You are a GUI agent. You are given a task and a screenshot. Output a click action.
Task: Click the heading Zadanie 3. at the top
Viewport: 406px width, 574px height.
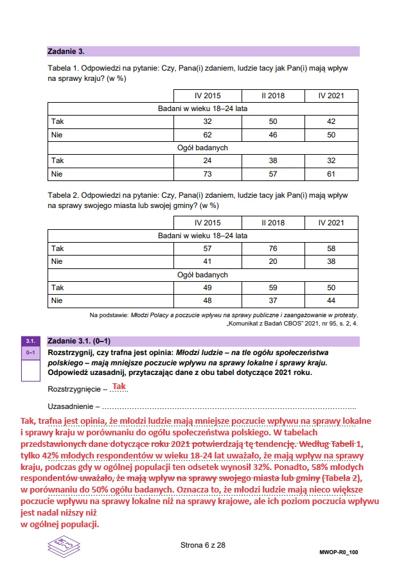pos(66,51)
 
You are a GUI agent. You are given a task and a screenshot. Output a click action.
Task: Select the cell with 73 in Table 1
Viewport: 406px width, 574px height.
pos(207,174)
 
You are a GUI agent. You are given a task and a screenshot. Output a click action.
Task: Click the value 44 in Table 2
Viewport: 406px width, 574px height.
pos(331,300)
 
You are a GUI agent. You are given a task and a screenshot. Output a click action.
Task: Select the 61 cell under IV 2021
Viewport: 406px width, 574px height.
pos(331,174)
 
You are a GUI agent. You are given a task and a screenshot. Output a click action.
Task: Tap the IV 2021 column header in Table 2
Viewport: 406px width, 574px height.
pos(331,222)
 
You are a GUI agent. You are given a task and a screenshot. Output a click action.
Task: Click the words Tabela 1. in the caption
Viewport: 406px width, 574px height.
pos(64,67)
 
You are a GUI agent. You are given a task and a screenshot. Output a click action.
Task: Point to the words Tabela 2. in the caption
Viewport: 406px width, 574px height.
pos(64,194)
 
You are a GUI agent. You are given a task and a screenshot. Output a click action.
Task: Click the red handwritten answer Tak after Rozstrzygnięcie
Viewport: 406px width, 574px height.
pos(119,387)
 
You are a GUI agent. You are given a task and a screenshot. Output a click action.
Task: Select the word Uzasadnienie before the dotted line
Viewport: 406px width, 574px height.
pos(70,406)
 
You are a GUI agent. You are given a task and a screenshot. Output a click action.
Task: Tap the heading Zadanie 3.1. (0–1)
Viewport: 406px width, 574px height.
pos(80,341)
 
